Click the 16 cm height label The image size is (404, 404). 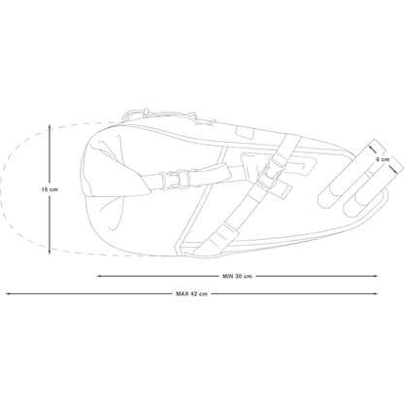(x=50, y=189)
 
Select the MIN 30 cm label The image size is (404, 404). (x=237, y=276)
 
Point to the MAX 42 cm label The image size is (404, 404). (x=191, y=294)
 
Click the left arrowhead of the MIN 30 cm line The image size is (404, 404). (x=99, y=276)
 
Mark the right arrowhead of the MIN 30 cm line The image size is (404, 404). (x=376, y=276)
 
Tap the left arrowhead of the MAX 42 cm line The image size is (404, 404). (x=8, y=294)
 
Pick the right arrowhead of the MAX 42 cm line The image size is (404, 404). (x=376, y=294)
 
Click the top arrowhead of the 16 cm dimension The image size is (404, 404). (x=50, y=127)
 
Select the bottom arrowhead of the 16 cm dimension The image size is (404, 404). (x=50, y=252)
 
